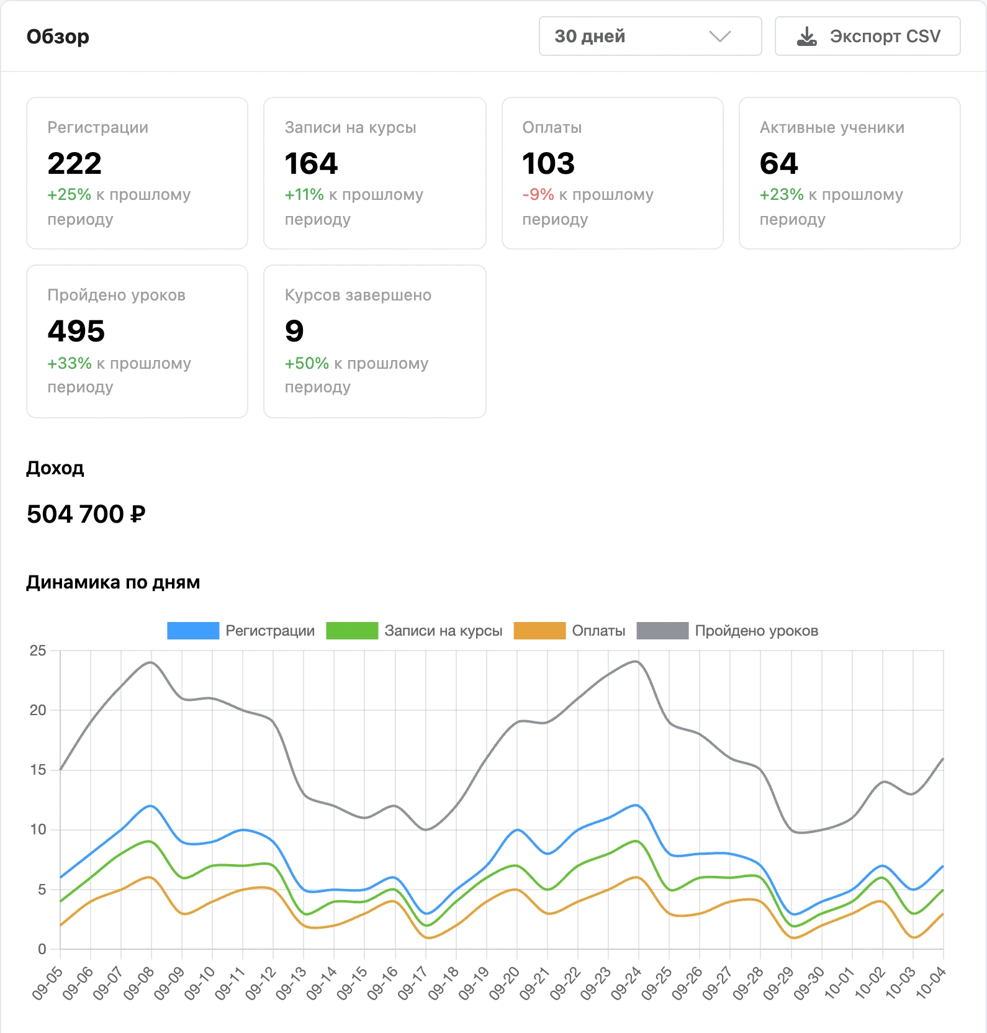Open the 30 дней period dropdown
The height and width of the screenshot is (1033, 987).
point(650,36)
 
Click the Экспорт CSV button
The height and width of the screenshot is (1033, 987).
point(867,36)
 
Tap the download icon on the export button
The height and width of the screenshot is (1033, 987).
point(806,37)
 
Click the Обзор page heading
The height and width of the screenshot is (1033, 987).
point(58,37)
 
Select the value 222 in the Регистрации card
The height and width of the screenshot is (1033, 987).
point(74,163)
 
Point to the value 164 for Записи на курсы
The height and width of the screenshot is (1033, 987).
point(311,163)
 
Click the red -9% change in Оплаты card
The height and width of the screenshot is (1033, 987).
point(538,194)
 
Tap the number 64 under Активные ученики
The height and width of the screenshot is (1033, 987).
point(778,163)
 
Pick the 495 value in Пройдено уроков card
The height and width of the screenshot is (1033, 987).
point(76,331)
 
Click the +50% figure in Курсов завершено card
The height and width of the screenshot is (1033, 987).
point(307,363)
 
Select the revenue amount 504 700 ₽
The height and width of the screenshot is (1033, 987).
point(86,514)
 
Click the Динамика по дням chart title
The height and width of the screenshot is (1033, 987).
point(113,582)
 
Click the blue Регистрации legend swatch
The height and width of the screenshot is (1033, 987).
point(193,631)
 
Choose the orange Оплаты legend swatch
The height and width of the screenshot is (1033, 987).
point(539,631)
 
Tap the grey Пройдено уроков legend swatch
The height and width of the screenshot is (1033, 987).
point(662,631)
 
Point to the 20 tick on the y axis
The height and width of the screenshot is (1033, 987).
point(38,710)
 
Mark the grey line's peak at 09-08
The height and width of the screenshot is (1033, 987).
point(151,662)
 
